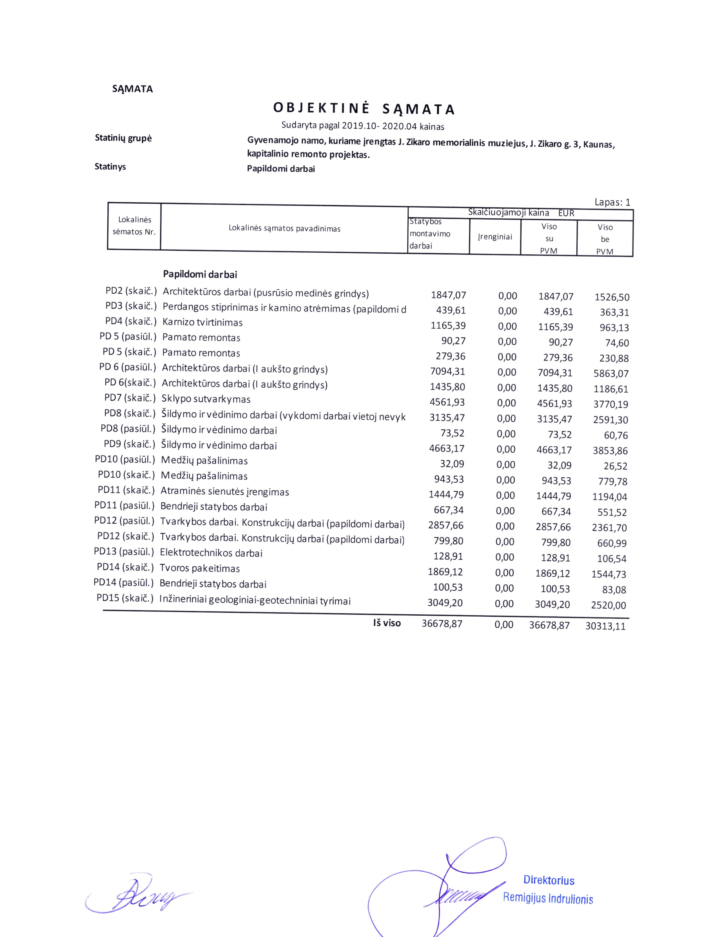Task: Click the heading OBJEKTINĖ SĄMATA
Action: coord(364,109)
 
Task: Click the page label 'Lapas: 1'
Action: coord(612,202)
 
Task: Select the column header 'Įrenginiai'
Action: coord(495,237)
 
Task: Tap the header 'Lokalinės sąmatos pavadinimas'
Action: coord(284,228)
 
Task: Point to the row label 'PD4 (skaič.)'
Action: coord(131,321)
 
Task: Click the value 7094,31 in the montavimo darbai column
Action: coord(447,372)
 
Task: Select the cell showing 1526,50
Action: coord(612,297)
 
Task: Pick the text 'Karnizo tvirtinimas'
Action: coord(202,323)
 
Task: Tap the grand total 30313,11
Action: coord(605,626)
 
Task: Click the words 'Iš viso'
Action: coord(387,623)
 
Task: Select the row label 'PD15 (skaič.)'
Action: coord(125,598)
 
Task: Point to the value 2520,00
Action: coord(608,605)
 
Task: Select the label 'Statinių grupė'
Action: coord(123,138)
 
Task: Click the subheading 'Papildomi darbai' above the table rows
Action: coord(200,275)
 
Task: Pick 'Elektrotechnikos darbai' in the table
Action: coord(211,553)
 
